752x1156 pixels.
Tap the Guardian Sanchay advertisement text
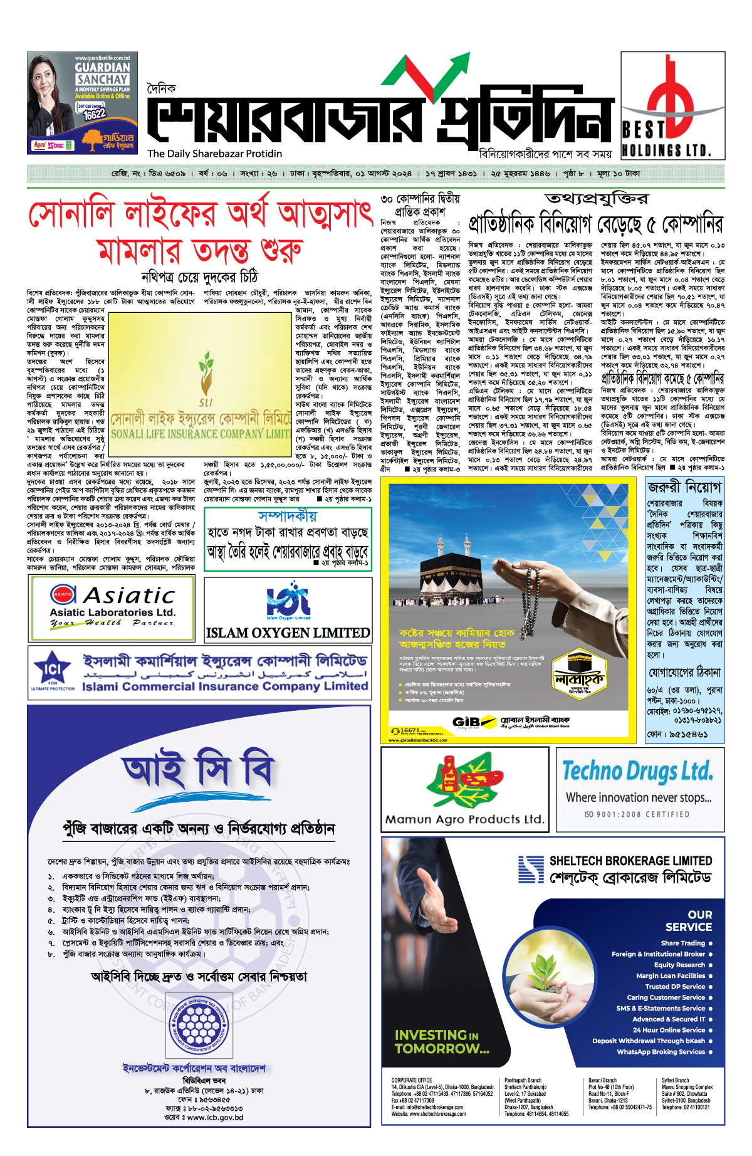pos(102,73)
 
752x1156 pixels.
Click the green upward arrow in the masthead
pos(452,74)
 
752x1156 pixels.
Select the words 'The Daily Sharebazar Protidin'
pos(214,154)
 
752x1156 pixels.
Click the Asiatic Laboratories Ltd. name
pos(113,612)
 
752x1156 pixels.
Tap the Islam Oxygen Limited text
pos(288,633)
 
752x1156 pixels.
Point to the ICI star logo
pos(52,668)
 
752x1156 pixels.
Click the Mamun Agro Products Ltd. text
pos(464,819)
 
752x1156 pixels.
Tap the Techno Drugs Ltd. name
pos(637,771)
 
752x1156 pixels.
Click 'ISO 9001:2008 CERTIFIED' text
pos(637,814)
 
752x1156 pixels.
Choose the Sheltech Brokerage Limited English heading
pos(630,861)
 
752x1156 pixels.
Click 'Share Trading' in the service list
pos(682,943)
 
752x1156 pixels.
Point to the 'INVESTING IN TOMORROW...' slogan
pos(442,1041)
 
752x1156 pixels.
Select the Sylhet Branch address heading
pos(675,1080)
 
